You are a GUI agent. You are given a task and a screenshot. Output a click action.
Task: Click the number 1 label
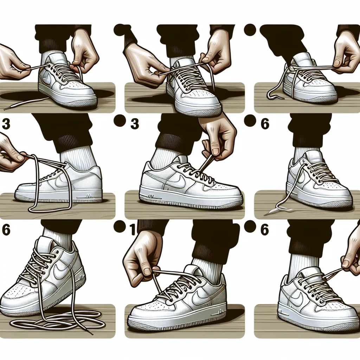click(132, 230)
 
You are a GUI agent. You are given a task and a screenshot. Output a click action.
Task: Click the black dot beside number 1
click(121, 226)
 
